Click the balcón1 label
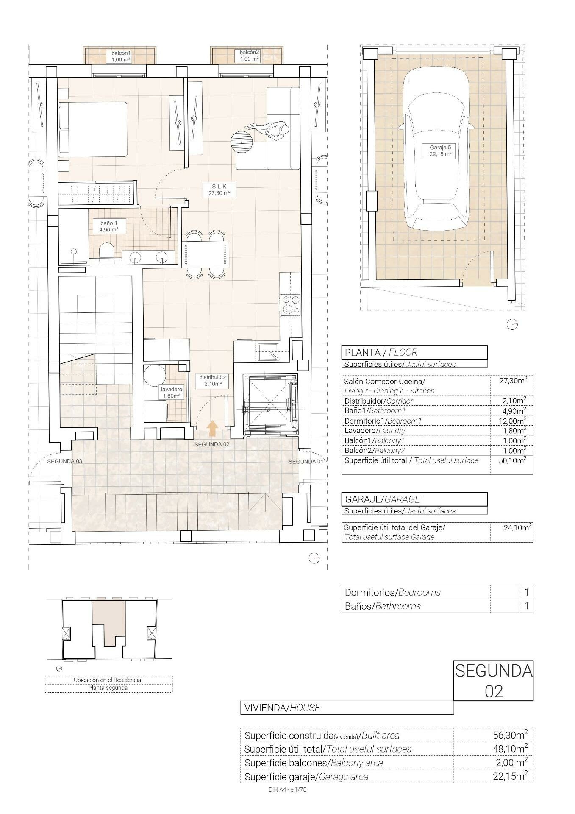click(x=121, y=56)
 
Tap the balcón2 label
click(x=249, y=56)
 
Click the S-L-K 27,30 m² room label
click(x=219, y=190)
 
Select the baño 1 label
click(x=106, y=226)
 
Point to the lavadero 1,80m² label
click(x=171, y=393)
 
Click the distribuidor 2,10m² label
click(x=213, y=380)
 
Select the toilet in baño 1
click(x=106, y=252)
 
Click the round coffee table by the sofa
click(x=242, y=142)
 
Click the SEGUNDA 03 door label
click(x=64, y=461)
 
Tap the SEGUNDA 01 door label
click(x=306, y=461)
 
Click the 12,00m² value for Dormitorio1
click(x=514, y=421)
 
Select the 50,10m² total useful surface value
click(x=514, y=460)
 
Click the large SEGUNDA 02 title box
click(x=493, y=680)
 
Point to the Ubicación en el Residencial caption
click(x=108, y=680)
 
